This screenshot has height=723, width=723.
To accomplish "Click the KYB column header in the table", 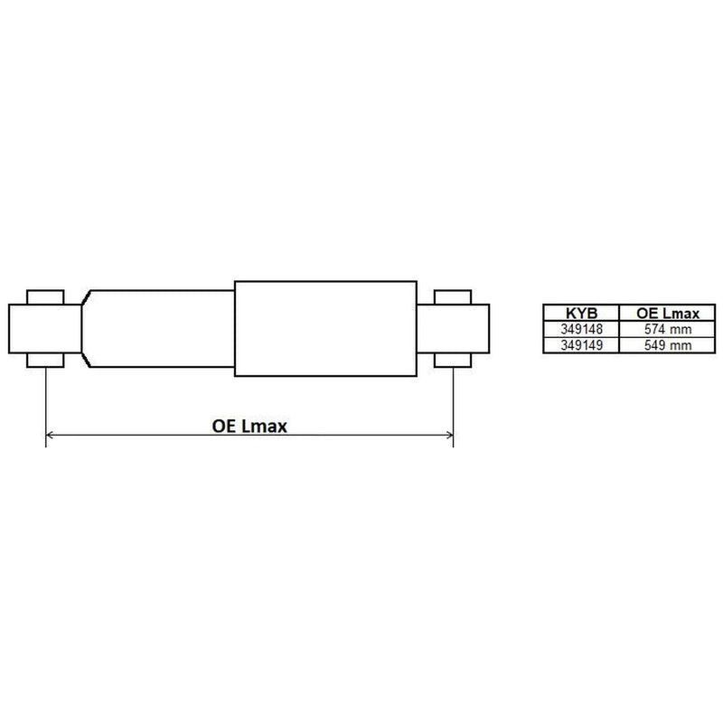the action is point(581,314).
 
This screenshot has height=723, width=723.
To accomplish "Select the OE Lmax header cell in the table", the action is point(668,314).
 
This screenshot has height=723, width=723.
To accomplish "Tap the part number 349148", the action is point(581,329).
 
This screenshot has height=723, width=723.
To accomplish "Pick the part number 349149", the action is point(581,345).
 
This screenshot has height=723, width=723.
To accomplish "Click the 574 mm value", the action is point(668,329).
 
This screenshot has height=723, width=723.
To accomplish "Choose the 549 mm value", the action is point(668,345).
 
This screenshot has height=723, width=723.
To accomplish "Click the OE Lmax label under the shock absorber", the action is point(249,426).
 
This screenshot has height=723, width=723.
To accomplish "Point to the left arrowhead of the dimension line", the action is point(50,435).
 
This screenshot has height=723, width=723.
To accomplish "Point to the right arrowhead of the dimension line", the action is point(449,435).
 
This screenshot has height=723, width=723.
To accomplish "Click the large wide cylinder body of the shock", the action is point(325,329).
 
